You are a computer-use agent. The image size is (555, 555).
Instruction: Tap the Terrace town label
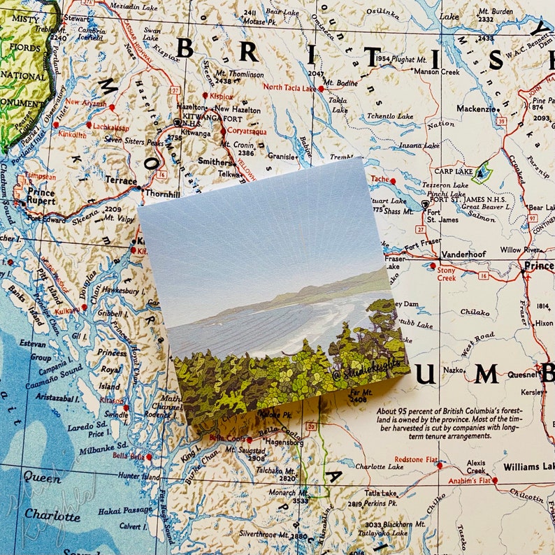pos(121,180)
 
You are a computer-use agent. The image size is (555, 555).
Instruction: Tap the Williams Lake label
pos(528,466)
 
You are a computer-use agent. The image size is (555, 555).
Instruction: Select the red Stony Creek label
pos(445,273)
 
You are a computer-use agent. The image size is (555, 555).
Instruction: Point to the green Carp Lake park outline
pos(482,171)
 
